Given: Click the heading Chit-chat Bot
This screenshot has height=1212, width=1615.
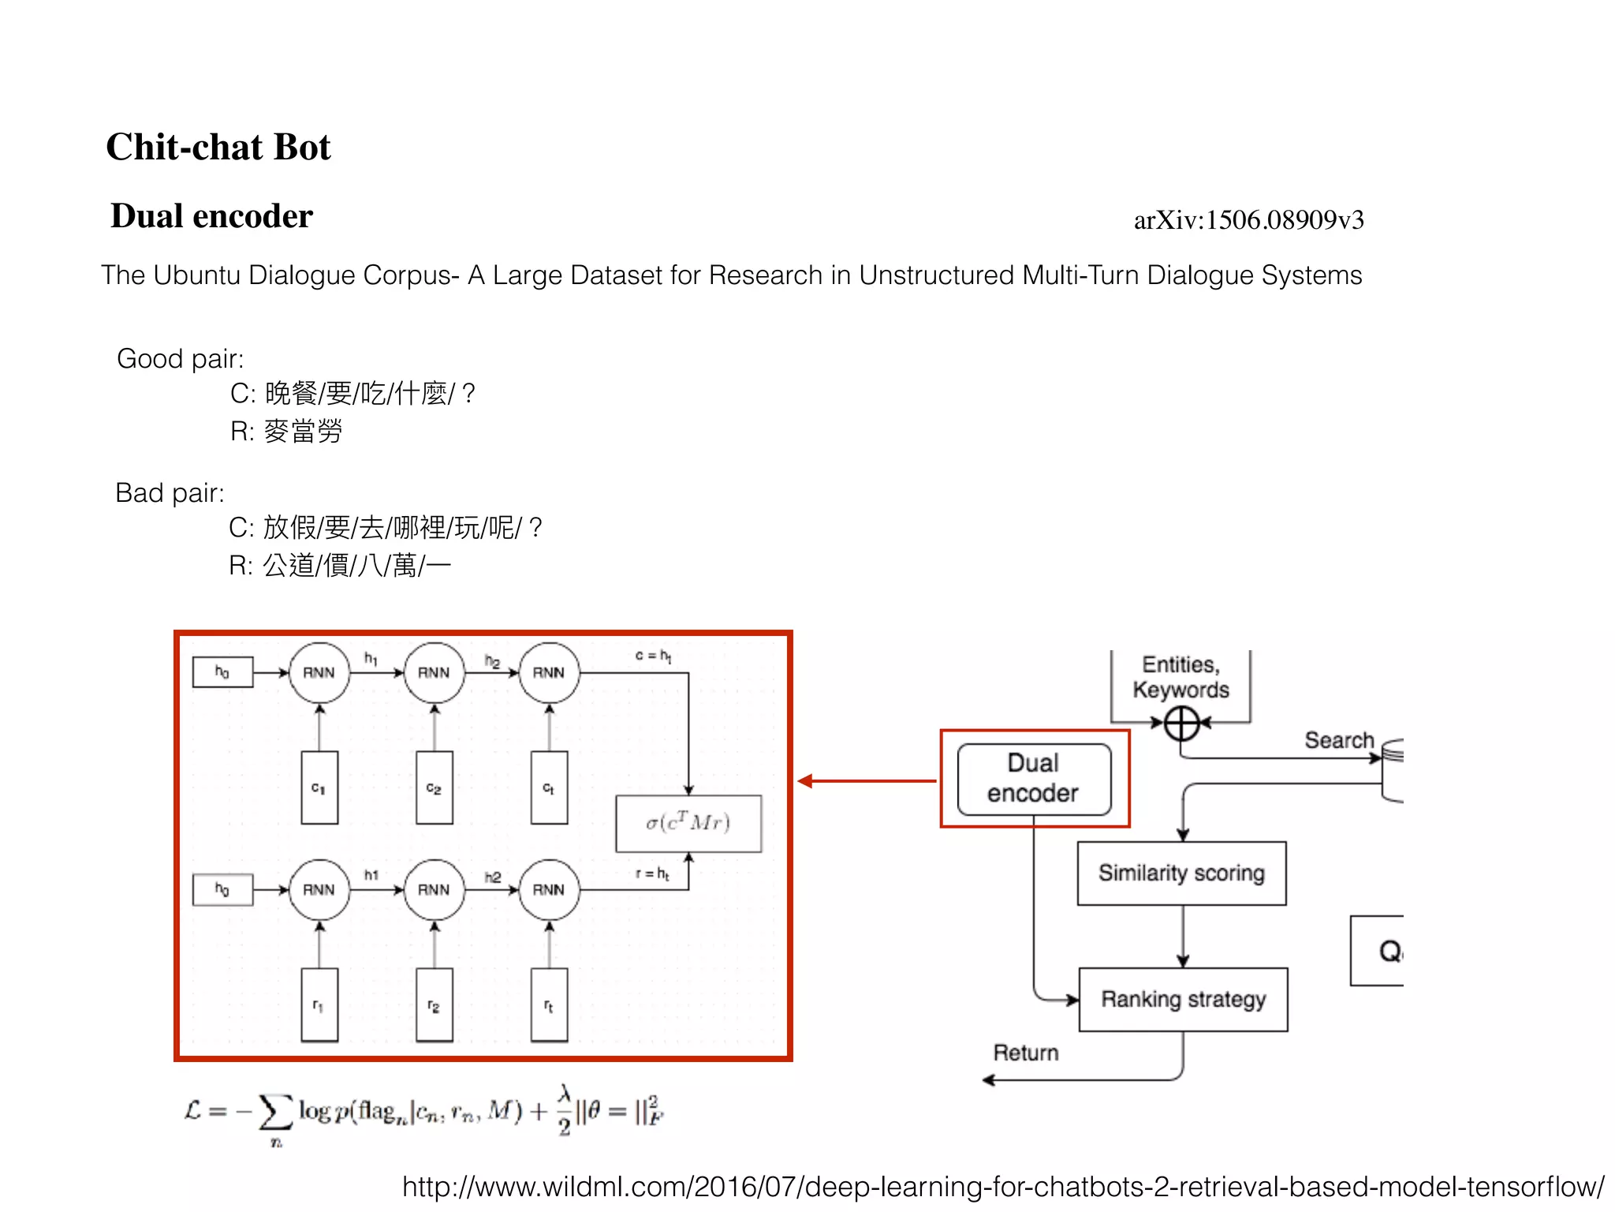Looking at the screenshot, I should [218, 148].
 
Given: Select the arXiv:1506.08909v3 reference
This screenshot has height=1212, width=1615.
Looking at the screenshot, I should [1248, 220].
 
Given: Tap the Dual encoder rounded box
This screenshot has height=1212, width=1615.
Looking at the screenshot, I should [1033, 779].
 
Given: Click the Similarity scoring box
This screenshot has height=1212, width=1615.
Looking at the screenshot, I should [1181, 873].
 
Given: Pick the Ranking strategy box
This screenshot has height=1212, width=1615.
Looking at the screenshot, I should [1183, 999].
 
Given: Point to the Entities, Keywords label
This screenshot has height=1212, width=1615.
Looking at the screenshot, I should [1180, 677].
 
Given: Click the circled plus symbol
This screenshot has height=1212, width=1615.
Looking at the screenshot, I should [1181, 723].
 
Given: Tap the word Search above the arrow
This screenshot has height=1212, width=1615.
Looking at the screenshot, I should [1338, 740].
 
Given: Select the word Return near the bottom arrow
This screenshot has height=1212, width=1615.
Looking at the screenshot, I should [1025, 1053].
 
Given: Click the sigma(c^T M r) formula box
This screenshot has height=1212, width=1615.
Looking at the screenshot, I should [688, 823].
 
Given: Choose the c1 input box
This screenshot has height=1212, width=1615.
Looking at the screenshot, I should [319, 787].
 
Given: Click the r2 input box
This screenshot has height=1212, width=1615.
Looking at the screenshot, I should [434, 1005].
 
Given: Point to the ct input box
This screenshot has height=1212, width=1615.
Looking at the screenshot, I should [549, 787].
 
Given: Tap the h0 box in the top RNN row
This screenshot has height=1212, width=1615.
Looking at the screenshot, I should [222, 672].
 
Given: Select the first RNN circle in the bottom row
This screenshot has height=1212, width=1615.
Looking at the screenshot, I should [319, 889].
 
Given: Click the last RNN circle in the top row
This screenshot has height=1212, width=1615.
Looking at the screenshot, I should [549, 672].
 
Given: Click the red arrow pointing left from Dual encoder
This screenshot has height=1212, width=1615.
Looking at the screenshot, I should [867, 781].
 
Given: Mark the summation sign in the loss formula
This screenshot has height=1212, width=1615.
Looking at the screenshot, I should [275, 1113].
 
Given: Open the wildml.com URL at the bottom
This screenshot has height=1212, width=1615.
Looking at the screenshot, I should [1002, 1187].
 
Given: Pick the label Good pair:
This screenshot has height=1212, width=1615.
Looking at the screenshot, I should [180, 359].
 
